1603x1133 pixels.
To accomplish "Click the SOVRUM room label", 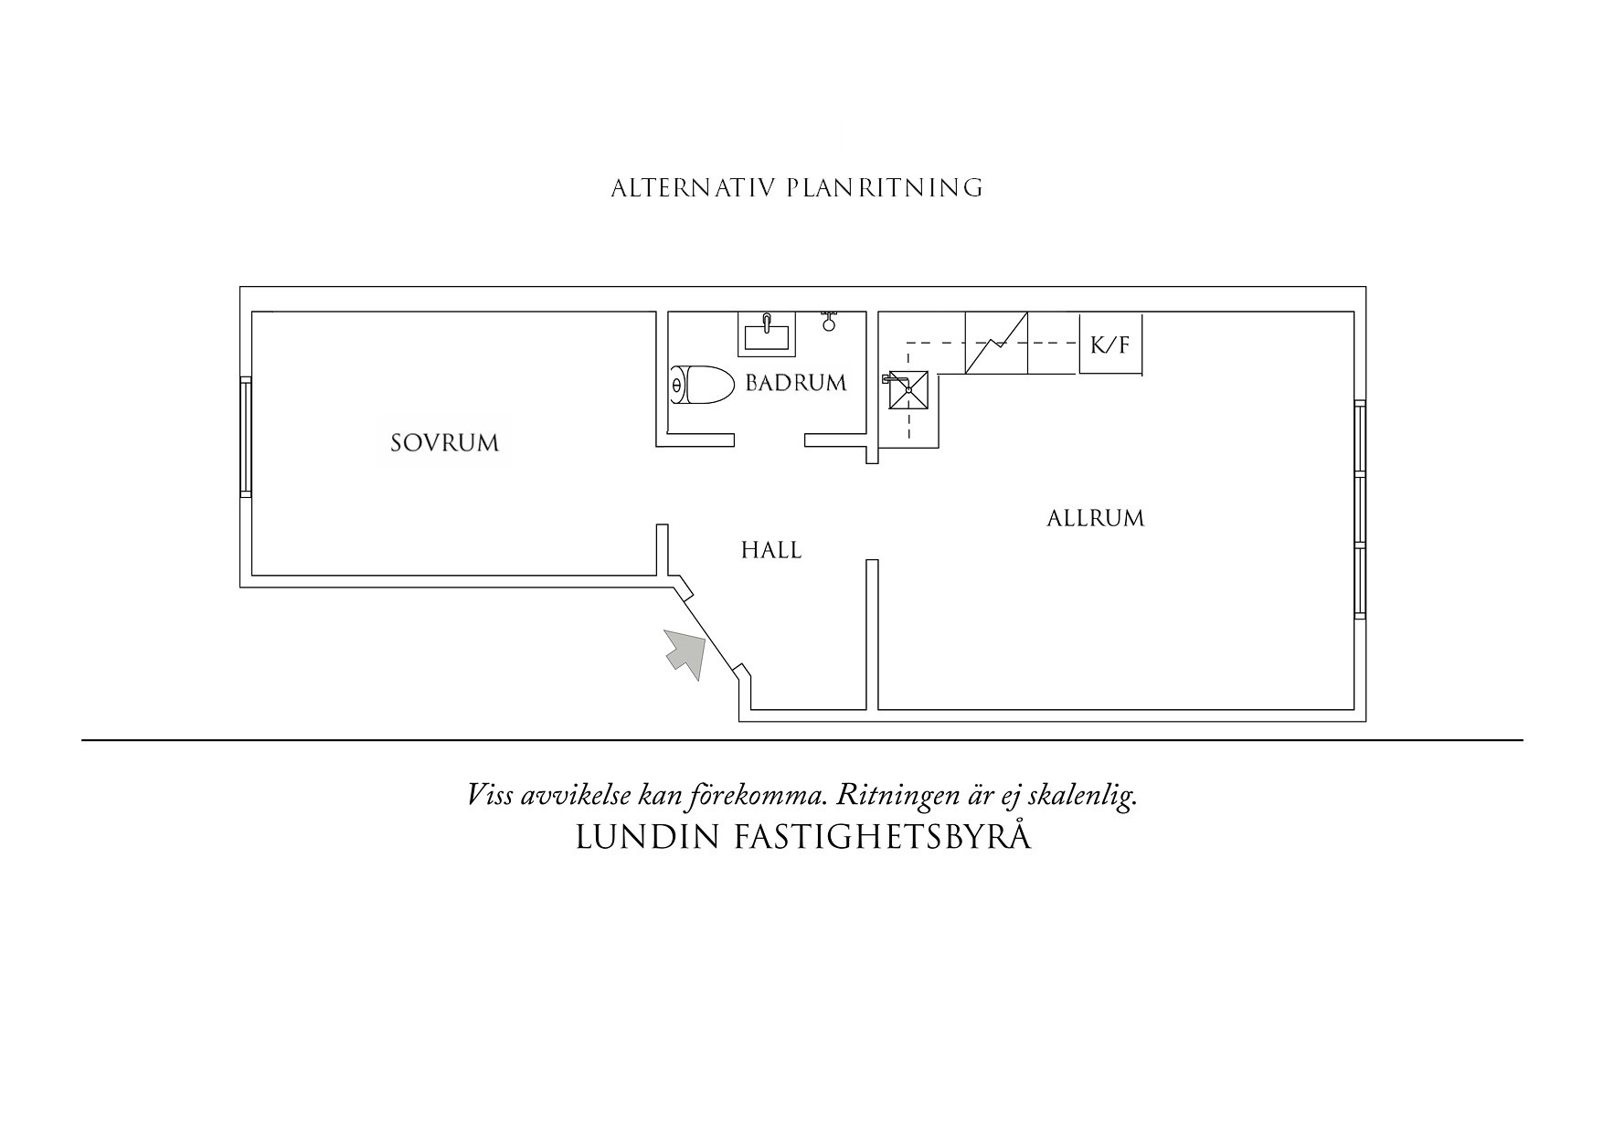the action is coord(444,443).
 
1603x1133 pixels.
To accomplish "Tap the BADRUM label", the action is coord(796,383).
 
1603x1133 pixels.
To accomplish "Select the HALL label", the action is coord(771,550).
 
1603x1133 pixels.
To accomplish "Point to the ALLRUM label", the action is coord(1095,518).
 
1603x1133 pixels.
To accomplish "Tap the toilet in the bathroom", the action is coord(703,386).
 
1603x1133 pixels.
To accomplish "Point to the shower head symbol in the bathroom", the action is coord(829,321).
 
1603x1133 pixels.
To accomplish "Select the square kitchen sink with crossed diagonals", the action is coord(909,390).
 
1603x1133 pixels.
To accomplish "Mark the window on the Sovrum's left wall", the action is coord(245,437).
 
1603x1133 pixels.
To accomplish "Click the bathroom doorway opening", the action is coord(770,440).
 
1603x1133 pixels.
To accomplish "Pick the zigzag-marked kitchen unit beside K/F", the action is coord(996,343).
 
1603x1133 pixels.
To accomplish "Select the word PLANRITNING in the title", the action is coord(884,188).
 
